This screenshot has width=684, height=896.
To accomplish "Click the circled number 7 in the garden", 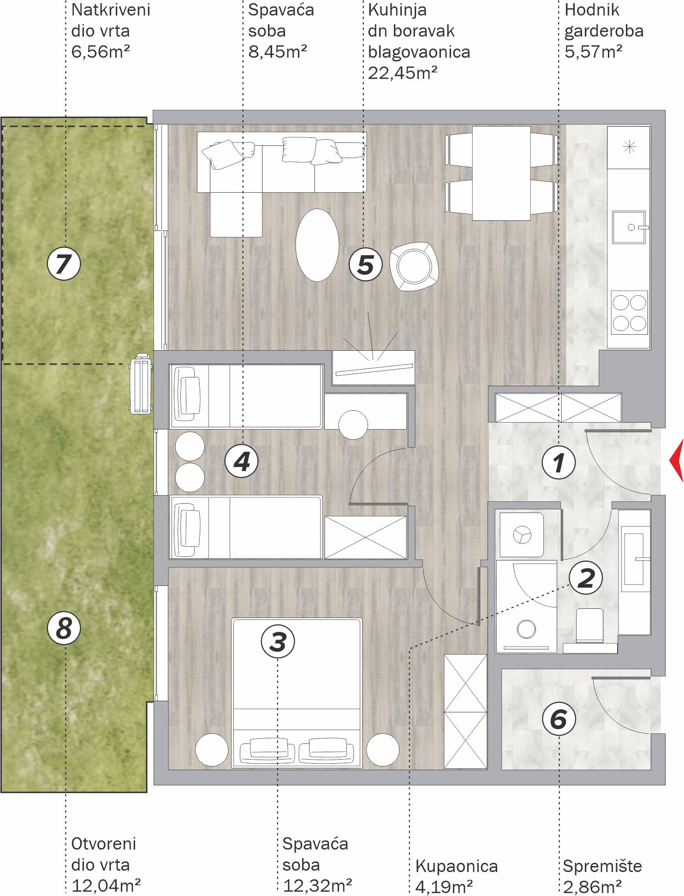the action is click(64, 264).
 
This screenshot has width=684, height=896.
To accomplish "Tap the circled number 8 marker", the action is click(64, 628).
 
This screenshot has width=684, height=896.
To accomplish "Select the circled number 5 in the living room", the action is click(366, 265).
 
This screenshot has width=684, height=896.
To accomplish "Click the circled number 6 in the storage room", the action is click(559, 719).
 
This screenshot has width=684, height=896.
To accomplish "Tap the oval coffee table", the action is click(317, 245).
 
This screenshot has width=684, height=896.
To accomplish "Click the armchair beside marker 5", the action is click(414, 266).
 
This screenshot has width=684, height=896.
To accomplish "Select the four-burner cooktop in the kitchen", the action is click(630, 312).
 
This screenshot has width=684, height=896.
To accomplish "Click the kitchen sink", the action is click(629, 227).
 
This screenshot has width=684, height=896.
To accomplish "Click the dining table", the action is click(501, 173).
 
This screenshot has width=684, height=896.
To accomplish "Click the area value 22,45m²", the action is click(403, 73).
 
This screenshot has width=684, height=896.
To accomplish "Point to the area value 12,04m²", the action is click(106, 885).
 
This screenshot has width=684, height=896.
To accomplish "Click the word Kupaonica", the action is click(457, 866).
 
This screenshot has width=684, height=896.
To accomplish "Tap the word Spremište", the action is click(602, 866).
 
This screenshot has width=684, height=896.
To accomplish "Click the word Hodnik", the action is click(592, 10).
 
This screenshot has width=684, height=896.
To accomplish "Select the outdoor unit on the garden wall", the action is click(141, 383).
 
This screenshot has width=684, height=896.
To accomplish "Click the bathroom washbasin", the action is click(634, 559).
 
